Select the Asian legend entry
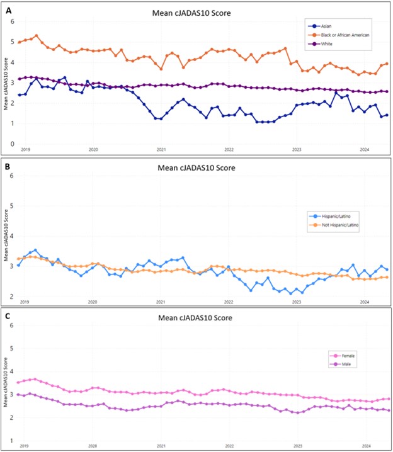coord(326,26)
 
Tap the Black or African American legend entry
coord(343,35)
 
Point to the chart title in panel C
coord(196,318)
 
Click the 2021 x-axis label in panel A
coord(161,150)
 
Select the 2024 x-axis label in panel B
coord(365,302)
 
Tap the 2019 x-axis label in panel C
coord(25,445)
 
